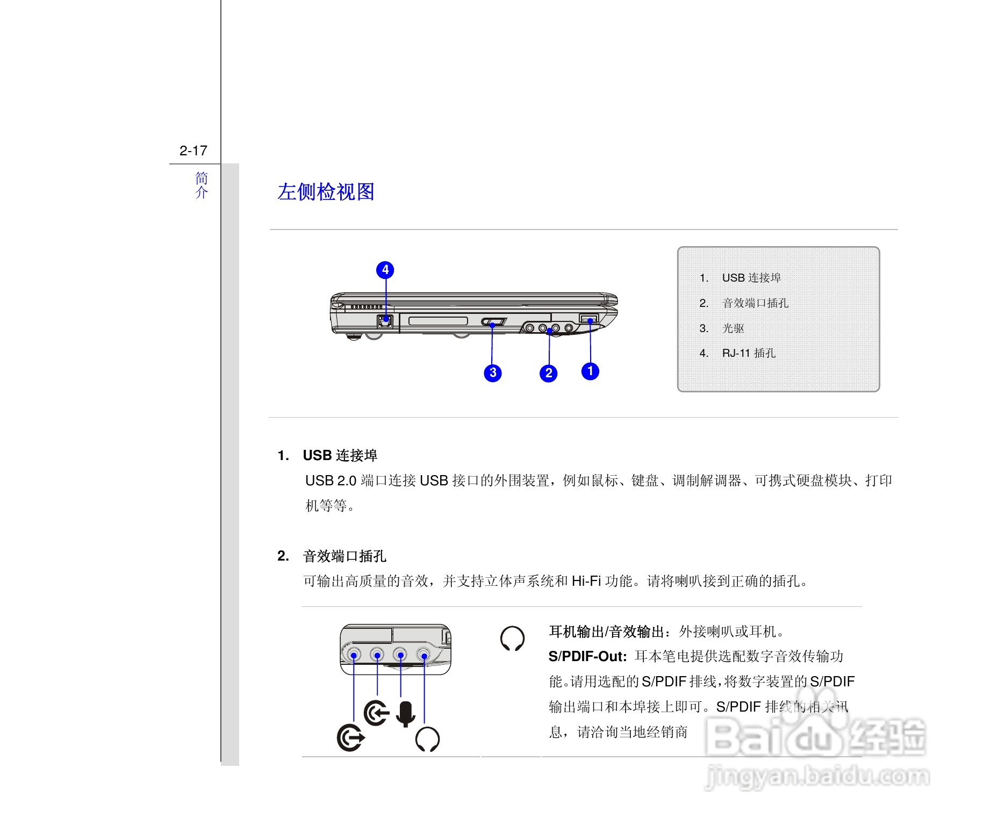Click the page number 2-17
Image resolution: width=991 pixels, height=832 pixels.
tap(193, 150)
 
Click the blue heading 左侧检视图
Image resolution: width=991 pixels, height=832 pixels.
tap(326, 192)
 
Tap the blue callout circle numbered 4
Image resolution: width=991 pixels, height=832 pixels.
tap(385, 270)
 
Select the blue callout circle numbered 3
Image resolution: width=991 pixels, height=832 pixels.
tap(492, 372)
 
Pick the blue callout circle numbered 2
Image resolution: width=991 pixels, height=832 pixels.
tap(548, 373)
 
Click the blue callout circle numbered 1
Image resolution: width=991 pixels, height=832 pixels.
tap(590, 371)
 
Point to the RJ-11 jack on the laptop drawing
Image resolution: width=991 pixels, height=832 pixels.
tap(385, 321)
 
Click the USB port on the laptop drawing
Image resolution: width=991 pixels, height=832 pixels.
tap(589, 319)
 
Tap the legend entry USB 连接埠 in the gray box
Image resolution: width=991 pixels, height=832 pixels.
tap(751, 278)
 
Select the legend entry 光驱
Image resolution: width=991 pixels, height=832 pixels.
tap(733, 328)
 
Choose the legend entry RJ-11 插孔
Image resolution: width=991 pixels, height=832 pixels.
tap(748, 353)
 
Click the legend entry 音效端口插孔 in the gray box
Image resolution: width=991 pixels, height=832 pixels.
tap(755, 303)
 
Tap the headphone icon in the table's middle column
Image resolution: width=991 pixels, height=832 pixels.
tap(512, 639)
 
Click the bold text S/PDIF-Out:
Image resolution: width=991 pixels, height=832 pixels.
tap(587, 656)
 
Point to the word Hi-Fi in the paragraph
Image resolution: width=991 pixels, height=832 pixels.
tap(586, 581)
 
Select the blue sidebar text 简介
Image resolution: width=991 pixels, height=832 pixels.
tap(201, 185)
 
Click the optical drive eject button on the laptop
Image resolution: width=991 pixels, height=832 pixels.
tap(493, 322)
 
